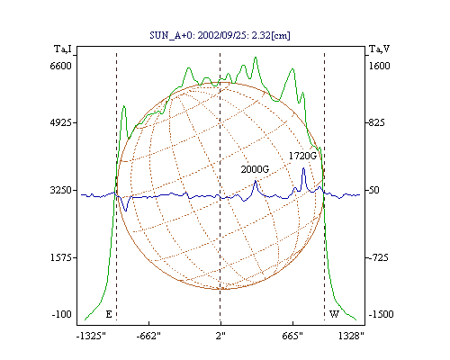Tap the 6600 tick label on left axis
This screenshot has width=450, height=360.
(61, 66)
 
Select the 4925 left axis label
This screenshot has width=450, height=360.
(61, 122)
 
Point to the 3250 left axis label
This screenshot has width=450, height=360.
(61, 190)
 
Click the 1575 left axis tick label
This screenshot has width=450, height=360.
(61, 257)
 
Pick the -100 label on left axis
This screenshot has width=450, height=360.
(62, 314)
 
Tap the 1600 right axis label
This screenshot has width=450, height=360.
(380, 66)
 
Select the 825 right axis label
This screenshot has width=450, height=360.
(376, 122)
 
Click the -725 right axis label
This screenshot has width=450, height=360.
(379, 257)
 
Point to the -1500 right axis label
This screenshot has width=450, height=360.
(381, 314)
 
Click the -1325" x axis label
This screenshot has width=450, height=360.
(91, 336)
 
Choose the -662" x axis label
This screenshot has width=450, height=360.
(148, 336)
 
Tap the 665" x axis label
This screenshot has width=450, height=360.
(292, 336)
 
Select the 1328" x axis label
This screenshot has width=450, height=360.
(351, 336)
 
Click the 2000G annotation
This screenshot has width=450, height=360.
(255, 169)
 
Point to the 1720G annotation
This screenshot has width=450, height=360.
(302, 156)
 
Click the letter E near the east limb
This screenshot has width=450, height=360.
(109, 314)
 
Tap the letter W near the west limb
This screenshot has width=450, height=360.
(334, 314)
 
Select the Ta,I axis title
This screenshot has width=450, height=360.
(63, 49)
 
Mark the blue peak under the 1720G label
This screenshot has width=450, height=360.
(303, 168)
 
